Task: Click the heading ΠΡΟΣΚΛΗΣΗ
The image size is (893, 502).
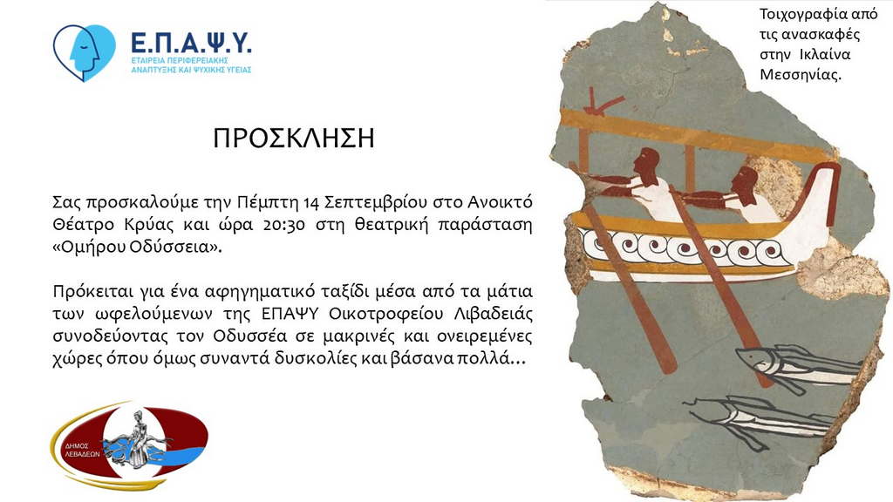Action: coord(294,139)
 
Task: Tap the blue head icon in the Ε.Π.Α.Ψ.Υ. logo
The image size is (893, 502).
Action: coord(85,52)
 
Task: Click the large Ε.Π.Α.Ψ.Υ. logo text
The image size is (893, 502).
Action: coord(191,44)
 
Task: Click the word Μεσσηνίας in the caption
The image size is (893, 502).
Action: coord(801,75)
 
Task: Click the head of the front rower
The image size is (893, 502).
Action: coord(746,182)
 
